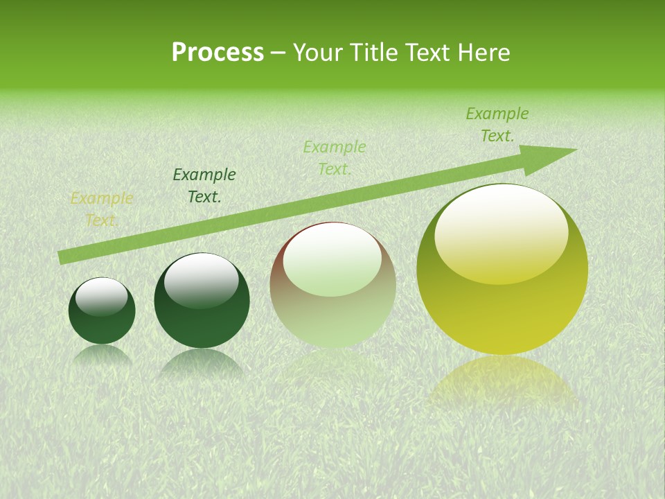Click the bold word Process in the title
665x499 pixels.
(x=218, y=53)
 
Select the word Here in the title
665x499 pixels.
(x=485, y=53)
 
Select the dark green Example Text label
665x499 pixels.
(x=204, y=186)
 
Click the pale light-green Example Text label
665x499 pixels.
(x=335, y=157)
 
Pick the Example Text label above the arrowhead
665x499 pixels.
(x=497, y=125)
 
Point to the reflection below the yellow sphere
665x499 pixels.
(x=502, y=381)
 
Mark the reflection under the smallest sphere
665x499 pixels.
(x=102, y=355)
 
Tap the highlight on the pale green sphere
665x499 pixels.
(x=332, y=258)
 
